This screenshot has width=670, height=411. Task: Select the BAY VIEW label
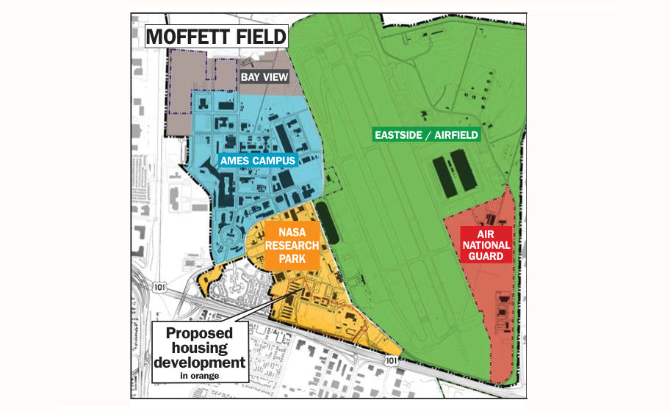tap(264, 76)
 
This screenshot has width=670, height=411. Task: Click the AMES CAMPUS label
tap(257, 160)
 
